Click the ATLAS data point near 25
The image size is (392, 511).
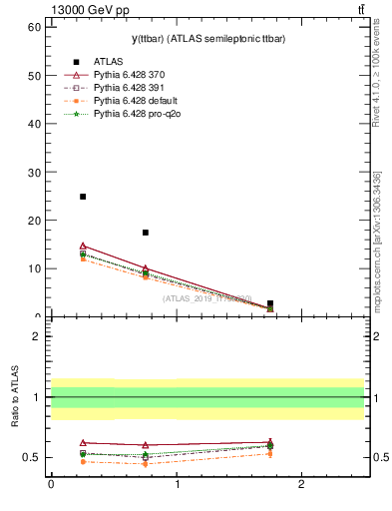tap(83, 197)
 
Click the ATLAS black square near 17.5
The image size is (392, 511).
tap(146, 233)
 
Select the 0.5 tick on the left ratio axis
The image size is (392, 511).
tap(30, 458)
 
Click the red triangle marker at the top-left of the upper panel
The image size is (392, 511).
tap(83, 246)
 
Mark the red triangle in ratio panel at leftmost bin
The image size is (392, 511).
tap(83, 442)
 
